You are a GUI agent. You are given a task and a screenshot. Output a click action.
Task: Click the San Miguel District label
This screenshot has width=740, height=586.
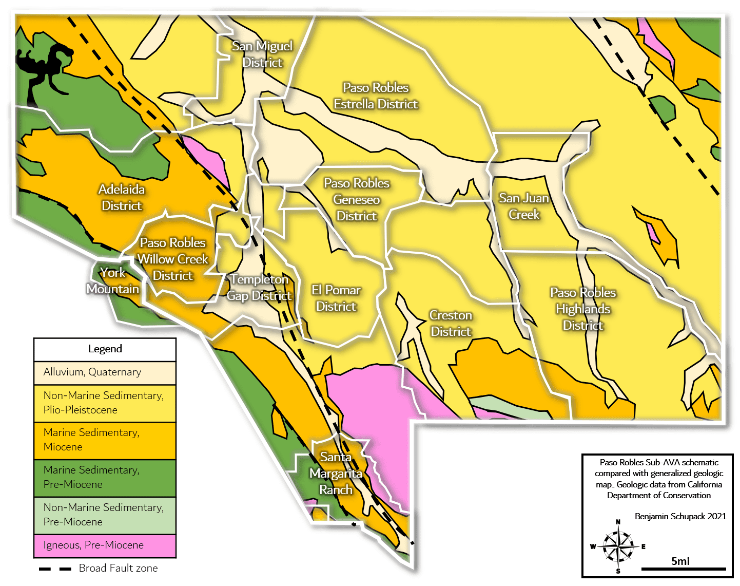(262, 54)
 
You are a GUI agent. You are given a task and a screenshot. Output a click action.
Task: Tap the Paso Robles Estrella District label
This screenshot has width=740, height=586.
(376, 96)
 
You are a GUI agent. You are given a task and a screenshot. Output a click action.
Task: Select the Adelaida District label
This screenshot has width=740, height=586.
(122, 197)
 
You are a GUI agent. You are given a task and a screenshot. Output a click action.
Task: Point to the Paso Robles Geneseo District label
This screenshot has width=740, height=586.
(357, 199)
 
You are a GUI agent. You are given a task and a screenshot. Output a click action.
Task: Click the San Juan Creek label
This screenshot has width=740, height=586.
(524, 206)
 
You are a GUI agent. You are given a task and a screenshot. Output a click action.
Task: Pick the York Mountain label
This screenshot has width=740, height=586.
(113, 280)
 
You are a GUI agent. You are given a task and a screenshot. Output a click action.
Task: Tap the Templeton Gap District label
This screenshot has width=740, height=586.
(259, 287)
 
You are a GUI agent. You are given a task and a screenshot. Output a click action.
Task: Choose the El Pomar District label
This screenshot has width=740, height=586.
(336, 298)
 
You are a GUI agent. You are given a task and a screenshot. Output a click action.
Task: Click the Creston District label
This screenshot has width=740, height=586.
(451, 323)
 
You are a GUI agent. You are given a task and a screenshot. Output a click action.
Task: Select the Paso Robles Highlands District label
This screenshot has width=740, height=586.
(583, 309)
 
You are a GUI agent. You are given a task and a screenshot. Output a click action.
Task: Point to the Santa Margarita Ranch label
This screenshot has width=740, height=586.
(336, 473)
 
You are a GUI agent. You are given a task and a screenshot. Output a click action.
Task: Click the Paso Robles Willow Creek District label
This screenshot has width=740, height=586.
(173, 259)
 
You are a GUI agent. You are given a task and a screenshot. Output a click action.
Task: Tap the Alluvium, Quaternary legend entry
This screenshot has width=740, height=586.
(92, 372)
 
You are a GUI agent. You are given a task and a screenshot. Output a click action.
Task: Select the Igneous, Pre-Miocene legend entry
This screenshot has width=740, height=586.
(93, 545)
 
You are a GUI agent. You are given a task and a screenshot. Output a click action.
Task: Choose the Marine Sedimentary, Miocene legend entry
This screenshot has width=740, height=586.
(91, 440)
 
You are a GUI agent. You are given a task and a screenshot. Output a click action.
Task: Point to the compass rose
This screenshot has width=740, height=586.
(618, 546)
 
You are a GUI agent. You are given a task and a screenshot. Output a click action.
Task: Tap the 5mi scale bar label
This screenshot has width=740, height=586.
(680, 561)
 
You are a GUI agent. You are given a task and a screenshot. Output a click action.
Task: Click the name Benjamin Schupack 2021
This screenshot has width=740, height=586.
(680, 516)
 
